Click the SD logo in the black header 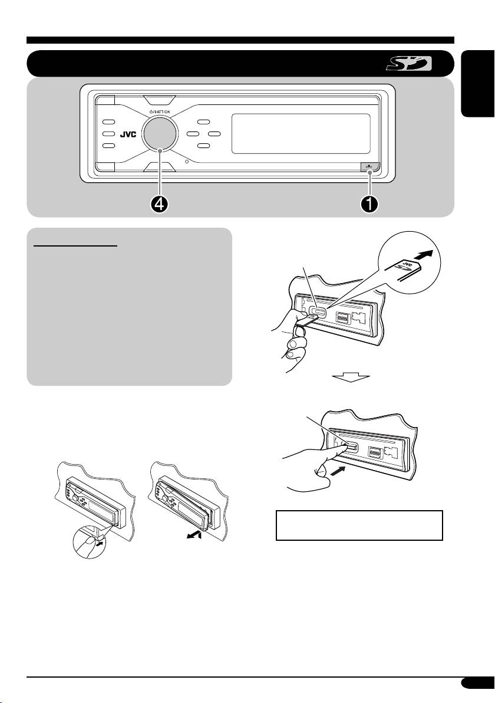point(408,63)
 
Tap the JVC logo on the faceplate point(128,134)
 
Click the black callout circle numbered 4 point(160,204)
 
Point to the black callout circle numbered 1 point(369,204)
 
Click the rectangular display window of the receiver point(301,134)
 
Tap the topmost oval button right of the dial point(204,121)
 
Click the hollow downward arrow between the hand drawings point(351,376)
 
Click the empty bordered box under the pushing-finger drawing point(359,525)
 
